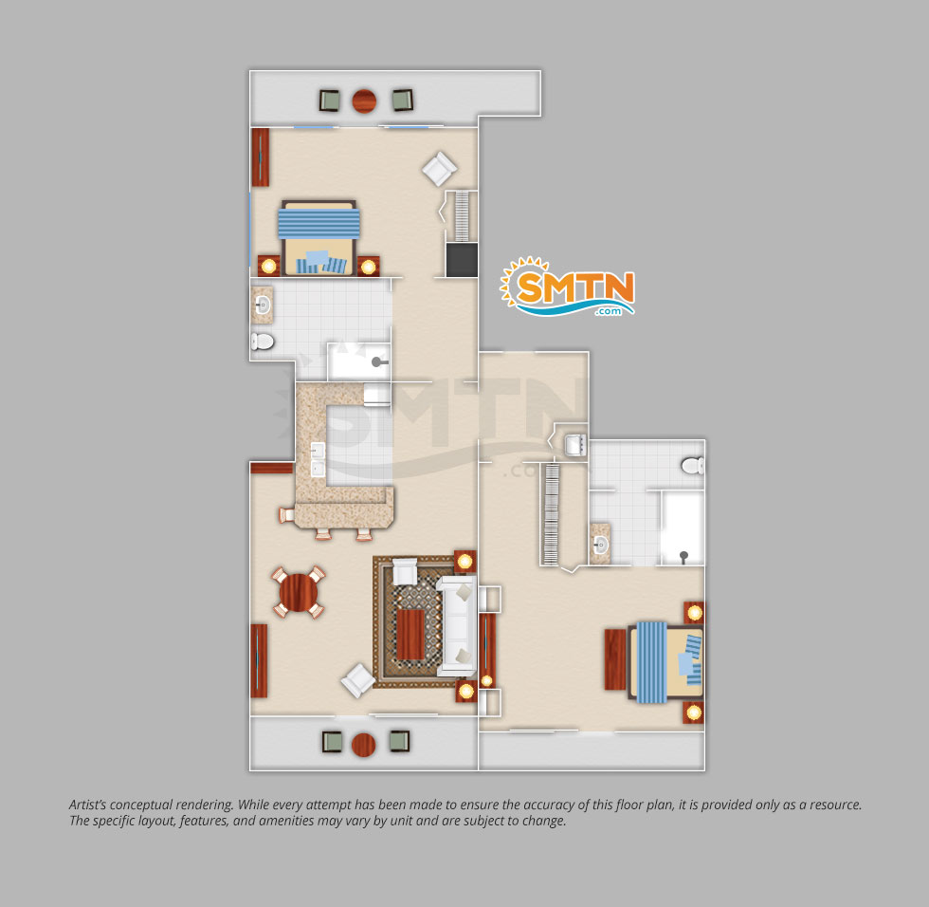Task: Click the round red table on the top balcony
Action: point(364,101)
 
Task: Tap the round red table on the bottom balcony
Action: point(363,745)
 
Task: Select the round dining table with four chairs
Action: point(298,592)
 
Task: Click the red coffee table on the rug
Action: point(410,635)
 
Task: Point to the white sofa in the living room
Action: point(457,626)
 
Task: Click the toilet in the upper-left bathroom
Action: point(263,342)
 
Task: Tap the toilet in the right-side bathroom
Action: point(693,465)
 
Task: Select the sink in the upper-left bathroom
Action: point(263,305)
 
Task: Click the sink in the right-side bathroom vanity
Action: point(601,544)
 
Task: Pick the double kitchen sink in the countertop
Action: point(319,459)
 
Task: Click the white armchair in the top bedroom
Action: point(439,169)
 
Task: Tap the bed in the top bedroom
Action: point(319,238)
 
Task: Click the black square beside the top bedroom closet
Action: point(462,259)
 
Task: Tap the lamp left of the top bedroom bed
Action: point(269,267)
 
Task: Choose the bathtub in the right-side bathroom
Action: point(683,528)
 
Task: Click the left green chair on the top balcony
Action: point(330,101)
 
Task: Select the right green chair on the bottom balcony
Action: point(400,742)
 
